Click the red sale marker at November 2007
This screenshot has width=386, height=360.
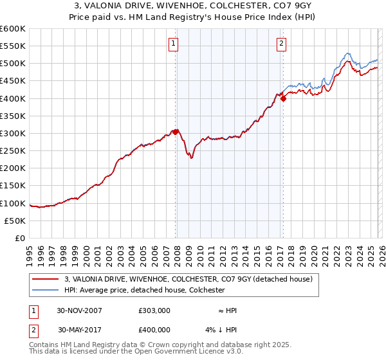point(176,132)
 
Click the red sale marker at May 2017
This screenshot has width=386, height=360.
point(283,98)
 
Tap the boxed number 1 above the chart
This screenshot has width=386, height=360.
point(174,44)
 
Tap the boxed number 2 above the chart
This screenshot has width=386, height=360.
point(282,44)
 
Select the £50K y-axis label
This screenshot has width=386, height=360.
point(15,221)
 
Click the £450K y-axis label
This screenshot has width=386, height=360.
point(12,81)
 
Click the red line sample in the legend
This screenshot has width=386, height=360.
point(46,279)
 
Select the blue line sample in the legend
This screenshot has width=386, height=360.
point(46,290)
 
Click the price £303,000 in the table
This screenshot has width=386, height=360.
point(154,310)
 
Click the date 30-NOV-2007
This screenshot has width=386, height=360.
point(80,310)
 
